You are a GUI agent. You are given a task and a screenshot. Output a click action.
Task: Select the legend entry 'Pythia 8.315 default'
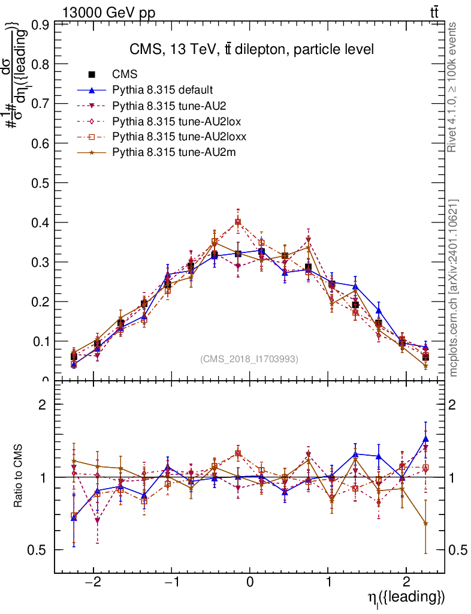click(162, 90)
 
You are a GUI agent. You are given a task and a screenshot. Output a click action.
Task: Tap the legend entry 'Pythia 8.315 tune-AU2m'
click(174, 152)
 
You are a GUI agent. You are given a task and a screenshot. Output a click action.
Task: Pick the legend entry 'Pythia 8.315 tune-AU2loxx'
click(180, 137)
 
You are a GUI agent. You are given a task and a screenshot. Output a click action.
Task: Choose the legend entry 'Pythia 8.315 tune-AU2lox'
click(176, 121)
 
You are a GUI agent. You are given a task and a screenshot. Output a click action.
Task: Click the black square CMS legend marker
click(92, 74)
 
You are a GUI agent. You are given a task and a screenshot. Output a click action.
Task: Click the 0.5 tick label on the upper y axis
click(41, 183)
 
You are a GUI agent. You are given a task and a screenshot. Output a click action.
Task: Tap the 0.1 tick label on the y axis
click(41, 341)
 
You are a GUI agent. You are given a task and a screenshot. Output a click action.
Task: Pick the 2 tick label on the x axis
click(406, 583)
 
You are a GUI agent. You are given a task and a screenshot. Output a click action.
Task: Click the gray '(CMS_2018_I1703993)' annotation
click(249, 359)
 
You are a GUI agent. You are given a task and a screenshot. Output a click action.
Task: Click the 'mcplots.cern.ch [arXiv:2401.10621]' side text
click(454, 288)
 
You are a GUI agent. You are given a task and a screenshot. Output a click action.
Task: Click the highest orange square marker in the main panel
click(238, 222)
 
